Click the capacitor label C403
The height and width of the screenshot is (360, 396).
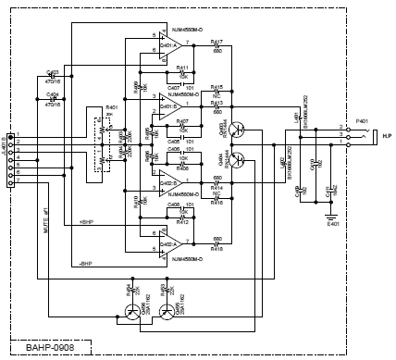52,72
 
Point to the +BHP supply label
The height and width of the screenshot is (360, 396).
89,223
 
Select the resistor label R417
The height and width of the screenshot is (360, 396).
217,42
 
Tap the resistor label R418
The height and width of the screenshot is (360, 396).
217,249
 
